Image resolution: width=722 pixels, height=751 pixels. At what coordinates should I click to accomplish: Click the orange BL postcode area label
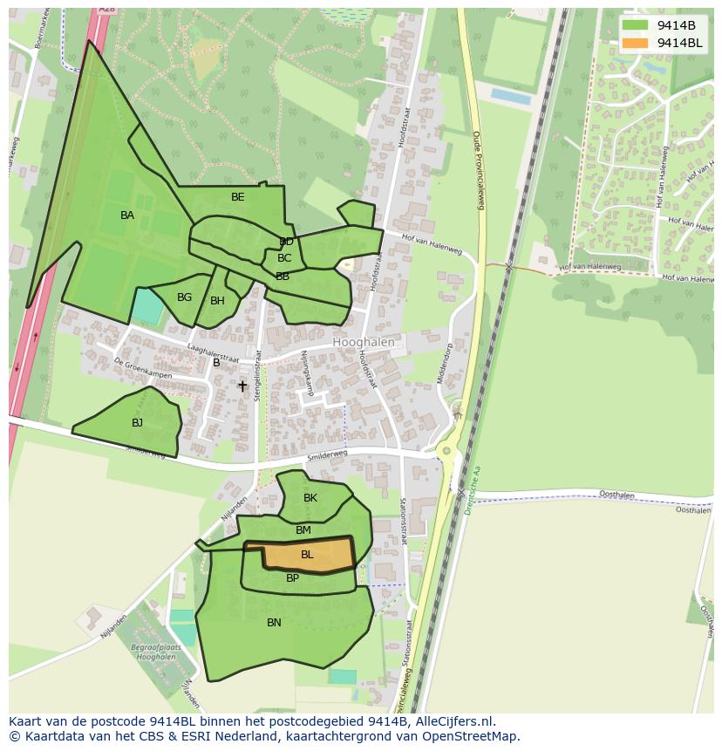(x=307, y=555)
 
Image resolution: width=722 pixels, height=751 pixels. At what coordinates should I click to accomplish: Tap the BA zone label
(x=127, y=215)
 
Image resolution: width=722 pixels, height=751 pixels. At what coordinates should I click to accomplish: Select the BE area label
(x=238, y=197)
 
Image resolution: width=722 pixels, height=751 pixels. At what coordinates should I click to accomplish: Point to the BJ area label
(x=137, y=423)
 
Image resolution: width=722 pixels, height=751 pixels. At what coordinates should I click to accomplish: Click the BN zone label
(x=274, y=623)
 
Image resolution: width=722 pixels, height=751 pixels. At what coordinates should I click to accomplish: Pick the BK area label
(x=310, y=498)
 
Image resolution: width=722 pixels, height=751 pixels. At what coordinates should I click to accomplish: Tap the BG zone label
(x=184, y=297)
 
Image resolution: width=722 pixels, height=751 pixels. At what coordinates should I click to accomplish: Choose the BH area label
(x=217, y=301)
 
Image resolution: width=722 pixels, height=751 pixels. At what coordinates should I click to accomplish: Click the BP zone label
(x=292, y=578)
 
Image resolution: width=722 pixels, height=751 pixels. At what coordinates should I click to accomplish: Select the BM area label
(x=303, y=530)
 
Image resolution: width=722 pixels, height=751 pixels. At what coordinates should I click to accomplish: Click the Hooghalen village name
(x=364, y=343)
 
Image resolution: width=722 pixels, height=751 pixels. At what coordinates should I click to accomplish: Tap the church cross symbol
(x=242, y=386)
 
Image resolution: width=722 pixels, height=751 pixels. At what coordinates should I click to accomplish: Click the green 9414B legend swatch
(x=636, y=25)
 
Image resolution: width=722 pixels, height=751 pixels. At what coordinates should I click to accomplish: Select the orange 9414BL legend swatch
(x=636, y=43)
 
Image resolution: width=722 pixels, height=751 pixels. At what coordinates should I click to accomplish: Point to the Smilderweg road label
(x=327, y=456)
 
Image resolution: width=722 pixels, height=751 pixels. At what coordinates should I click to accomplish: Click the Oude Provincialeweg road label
(x=478, y=170)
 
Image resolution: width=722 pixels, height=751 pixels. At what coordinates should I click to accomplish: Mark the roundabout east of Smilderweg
(x=447, y=451)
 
